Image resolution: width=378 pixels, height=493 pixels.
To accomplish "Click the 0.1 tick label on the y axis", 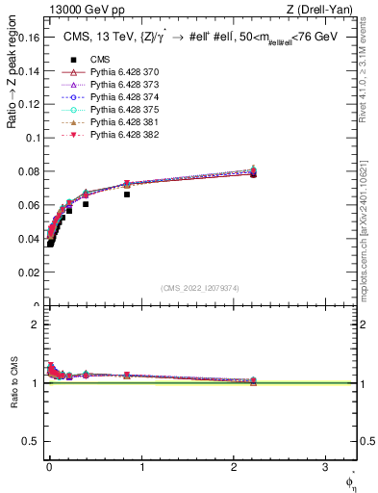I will click(x=33, y=138).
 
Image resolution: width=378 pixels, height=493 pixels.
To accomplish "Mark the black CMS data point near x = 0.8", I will click(x=127, y=195).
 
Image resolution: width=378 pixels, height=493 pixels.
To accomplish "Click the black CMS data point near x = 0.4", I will click(x=86, y=204).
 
